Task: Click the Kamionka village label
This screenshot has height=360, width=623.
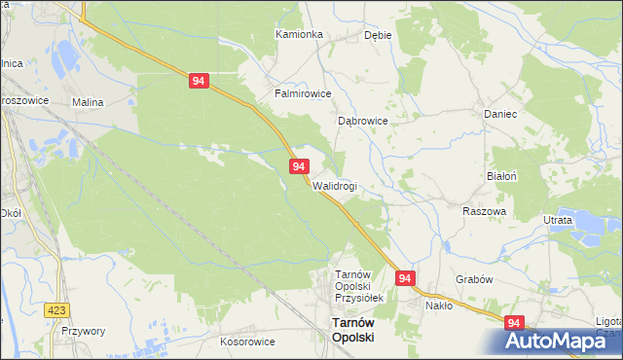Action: (x=299, y=34)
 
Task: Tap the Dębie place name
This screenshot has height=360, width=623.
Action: (x=377, y=34)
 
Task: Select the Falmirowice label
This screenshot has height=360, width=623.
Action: (x=303, y=94)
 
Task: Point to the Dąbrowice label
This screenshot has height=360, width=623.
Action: (x=363, y=122)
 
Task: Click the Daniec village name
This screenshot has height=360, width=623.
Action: (x=499, y=114)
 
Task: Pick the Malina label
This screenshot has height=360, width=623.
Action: (x=88, y=101)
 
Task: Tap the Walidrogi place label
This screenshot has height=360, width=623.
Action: (x=335, y=186)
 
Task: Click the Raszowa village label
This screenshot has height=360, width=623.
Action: (x=484, y=211)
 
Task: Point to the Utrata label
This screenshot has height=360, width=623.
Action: (x=558, y=221)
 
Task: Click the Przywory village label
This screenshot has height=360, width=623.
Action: (x=83, y=331)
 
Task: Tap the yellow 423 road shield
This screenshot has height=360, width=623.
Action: (x=57, y=309)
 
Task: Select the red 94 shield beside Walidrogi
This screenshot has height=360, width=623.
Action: (x=299, y=168)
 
